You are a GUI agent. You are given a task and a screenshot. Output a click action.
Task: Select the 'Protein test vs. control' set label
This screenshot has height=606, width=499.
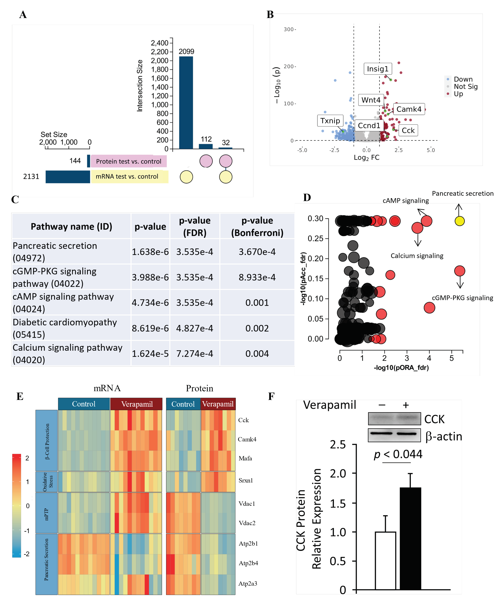128,161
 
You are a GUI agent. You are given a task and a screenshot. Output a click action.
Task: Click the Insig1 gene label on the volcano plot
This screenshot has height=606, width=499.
377,69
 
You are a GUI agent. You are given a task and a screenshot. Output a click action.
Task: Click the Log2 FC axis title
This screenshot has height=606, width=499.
366,158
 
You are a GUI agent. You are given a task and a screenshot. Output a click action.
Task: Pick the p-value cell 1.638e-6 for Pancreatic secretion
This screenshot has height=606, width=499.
150,252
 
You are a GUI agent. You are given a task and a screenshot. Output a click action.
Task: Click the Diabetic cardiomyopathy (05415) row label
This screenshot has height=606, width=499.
65,328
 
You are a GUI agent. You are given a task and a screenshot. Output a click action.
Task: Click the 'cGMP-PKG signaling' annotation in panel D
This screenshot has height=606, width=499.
462,298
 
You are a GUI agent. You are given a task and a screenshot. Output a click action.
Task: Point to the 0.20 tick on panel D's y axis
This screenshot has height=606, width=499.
315,258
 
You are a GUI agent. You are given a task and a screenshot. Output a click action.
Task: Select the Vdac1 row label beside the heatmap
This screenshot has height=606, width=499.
247,503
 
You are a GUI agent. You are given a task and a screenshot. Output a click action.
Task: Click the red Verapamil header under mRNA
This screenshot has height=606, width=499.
137,404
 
